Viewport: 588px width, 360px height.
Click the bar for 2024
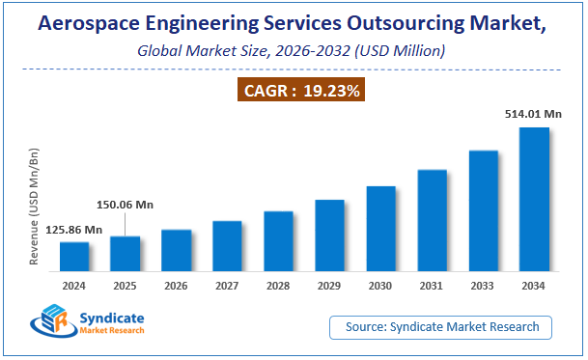[x=74, y=257]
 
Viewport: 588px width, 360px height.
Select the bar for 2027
[x=227, y=246]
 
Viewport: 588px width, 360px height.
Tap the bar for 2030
[x=380, y=229]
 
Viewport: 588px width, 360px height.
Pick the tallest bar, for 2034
[x=534, y=200]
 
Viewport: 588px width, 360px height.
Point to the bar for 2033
[x=483, y=211]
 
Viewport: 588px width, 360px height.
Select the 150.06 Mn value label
[x=125, y=205]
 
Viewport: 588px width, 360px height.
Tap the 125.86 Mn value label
[x=74, y=229]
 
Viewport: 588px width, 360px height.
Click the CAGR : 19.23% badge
[x=300, y=91]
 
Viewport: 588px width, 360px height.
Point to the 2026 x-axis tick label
[x=176, y=286]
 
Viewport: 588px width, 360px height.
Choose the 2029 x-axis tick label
[x=329, y=286]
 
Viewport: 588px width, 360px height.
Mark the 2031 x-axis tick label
[x=432, y=286]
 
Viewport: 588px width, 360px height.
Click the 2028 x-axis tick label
[x=278, y=286]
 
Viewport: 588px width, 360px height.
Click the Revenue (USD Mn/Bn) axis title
[x=34, y=206]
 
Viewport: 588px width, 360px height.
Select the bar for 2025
[x=125, y=254]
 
